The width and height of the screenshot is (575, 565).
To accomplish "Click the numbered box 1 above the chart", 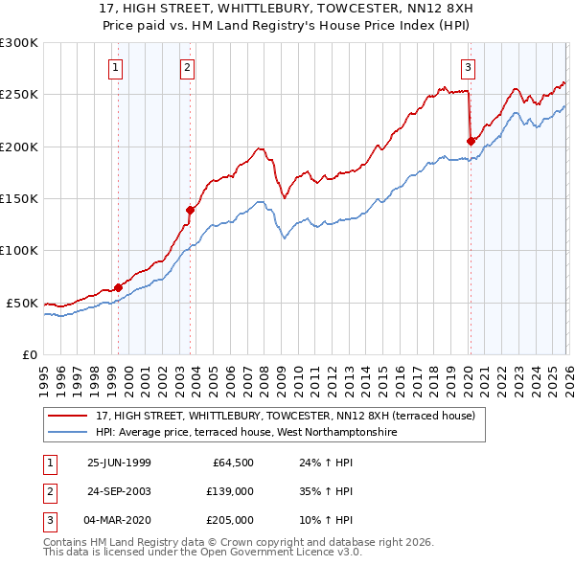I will pos(115,67).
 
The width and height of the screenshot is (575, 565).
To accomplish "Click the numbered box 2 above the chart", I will pos(186,67).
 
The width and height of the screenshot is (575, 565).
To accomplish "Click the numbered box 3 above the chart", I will pos(468,67).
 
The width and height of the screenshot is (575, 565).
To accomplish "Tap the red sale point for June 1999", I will pos(119,286).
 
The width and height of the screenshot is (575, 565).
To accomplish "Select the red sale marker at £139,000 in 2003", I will pos(191,210).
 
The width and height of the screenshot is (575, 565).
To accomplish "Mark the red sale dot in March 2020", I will pos(471,141).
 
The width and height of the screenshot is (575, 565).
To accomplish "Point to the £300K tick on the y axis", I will pos(19,43).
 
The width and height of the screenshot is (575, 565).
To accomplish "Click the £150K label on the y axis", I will pos(19,199).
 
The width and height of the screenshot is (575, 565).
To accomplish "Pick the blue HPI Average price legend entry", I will pos(245,432).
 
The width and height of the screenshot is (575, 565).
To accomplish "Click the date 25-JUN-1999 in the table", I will pos(119,462).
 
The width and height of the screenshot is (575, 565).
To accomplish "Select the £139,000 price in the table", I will pos(230,491).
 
